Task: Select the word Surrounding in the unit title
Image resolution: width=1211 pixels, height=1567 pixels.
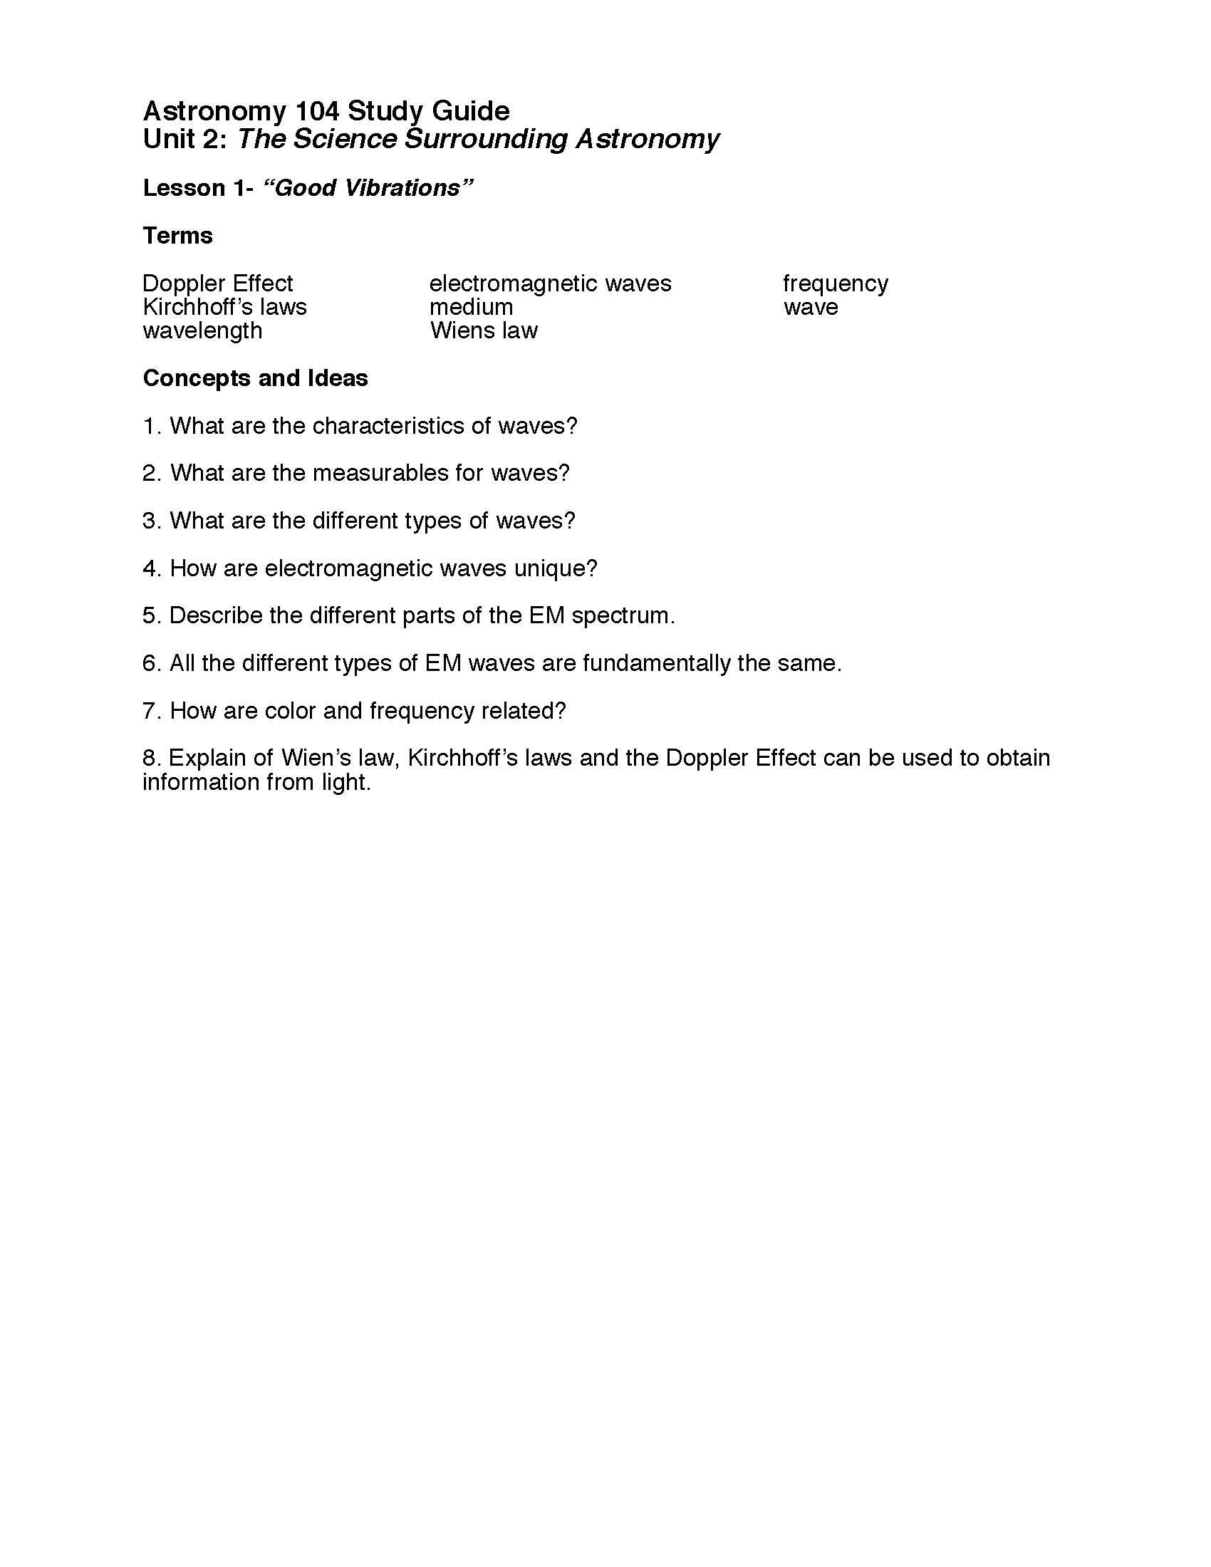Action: coord(487,139)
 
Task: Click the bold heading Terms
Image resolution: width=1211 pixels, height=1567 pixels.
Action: coord(178,235)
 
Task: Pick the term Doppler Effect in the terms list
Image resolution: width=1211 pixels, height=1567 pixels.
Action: coord(217,283)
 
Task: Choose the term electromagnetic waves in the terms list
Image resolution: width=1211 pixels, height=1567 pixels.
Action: coord(550,283)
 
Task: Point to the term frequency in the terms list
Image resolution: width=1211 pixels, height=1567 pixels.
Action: coord(835,284)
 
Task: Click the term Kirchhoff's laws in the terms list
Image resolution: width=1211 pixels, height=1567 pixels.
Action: coord(224,307)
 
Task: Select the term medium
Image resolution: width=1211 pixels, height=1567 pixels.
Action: coord(472,307)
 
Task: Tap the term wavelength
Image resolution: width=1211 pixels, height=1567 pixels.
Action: coord(202,330)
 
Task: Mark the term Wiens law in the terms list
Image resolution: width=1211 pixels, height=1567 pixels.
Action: coord(484,330)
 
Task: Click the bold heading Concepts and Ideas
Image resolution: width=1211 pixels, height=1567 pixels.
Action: coord(256,378)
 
